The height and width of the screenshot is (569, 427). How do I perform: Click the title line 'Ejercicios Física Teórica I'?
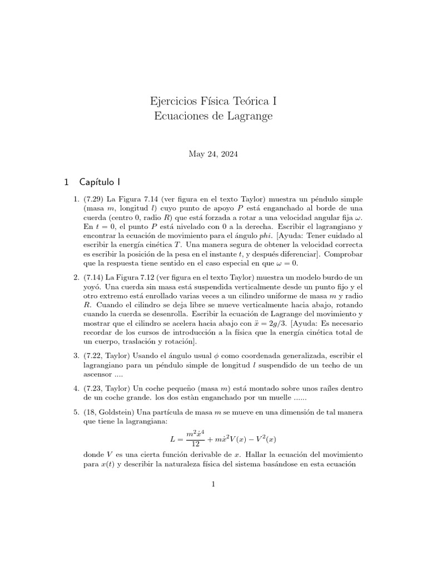click(x=213, y=102)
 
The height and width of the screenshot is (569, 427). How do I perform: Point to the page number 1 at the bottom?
click(x=213, y=484)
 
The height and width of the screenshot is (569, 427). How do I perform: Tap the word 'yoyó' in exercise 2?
click(x=92, y=287)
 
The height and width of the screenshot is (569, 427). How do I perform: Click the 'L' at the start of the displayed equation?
click(x=172, y=439)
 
